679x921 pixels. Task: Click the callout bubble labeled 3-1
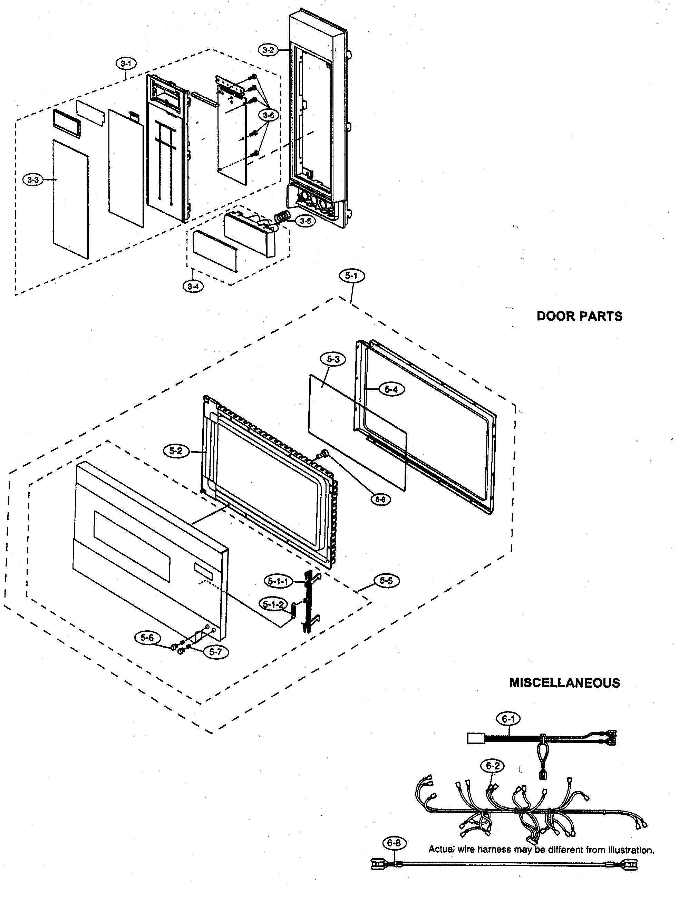[126, 64]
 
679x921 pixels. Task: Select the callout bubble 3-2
[268, 50]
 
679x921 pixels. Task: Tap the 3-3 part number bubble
[33, 180]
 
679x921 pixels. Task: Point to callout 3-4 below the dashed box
[193, 287]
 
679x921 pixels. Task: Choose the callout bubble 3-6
[269, 116]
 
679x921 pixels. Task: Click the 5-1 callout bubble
[351, 276]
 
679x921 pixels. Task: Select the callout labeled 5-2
[175, 451]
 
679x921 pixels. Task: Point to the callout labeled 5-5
[386, 581]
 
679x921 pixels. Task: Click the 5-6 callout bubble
[147, 638]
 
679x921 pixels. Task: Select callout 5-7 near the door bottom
[216, 651]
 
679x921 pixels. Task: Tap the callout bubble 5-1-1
[278, 581]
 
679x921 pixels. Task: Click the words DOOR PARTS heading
[580, 316]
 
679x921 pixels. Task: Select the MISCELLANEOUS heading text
[565, 683]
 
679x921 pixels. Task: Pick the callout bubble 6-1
[508, 718]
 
